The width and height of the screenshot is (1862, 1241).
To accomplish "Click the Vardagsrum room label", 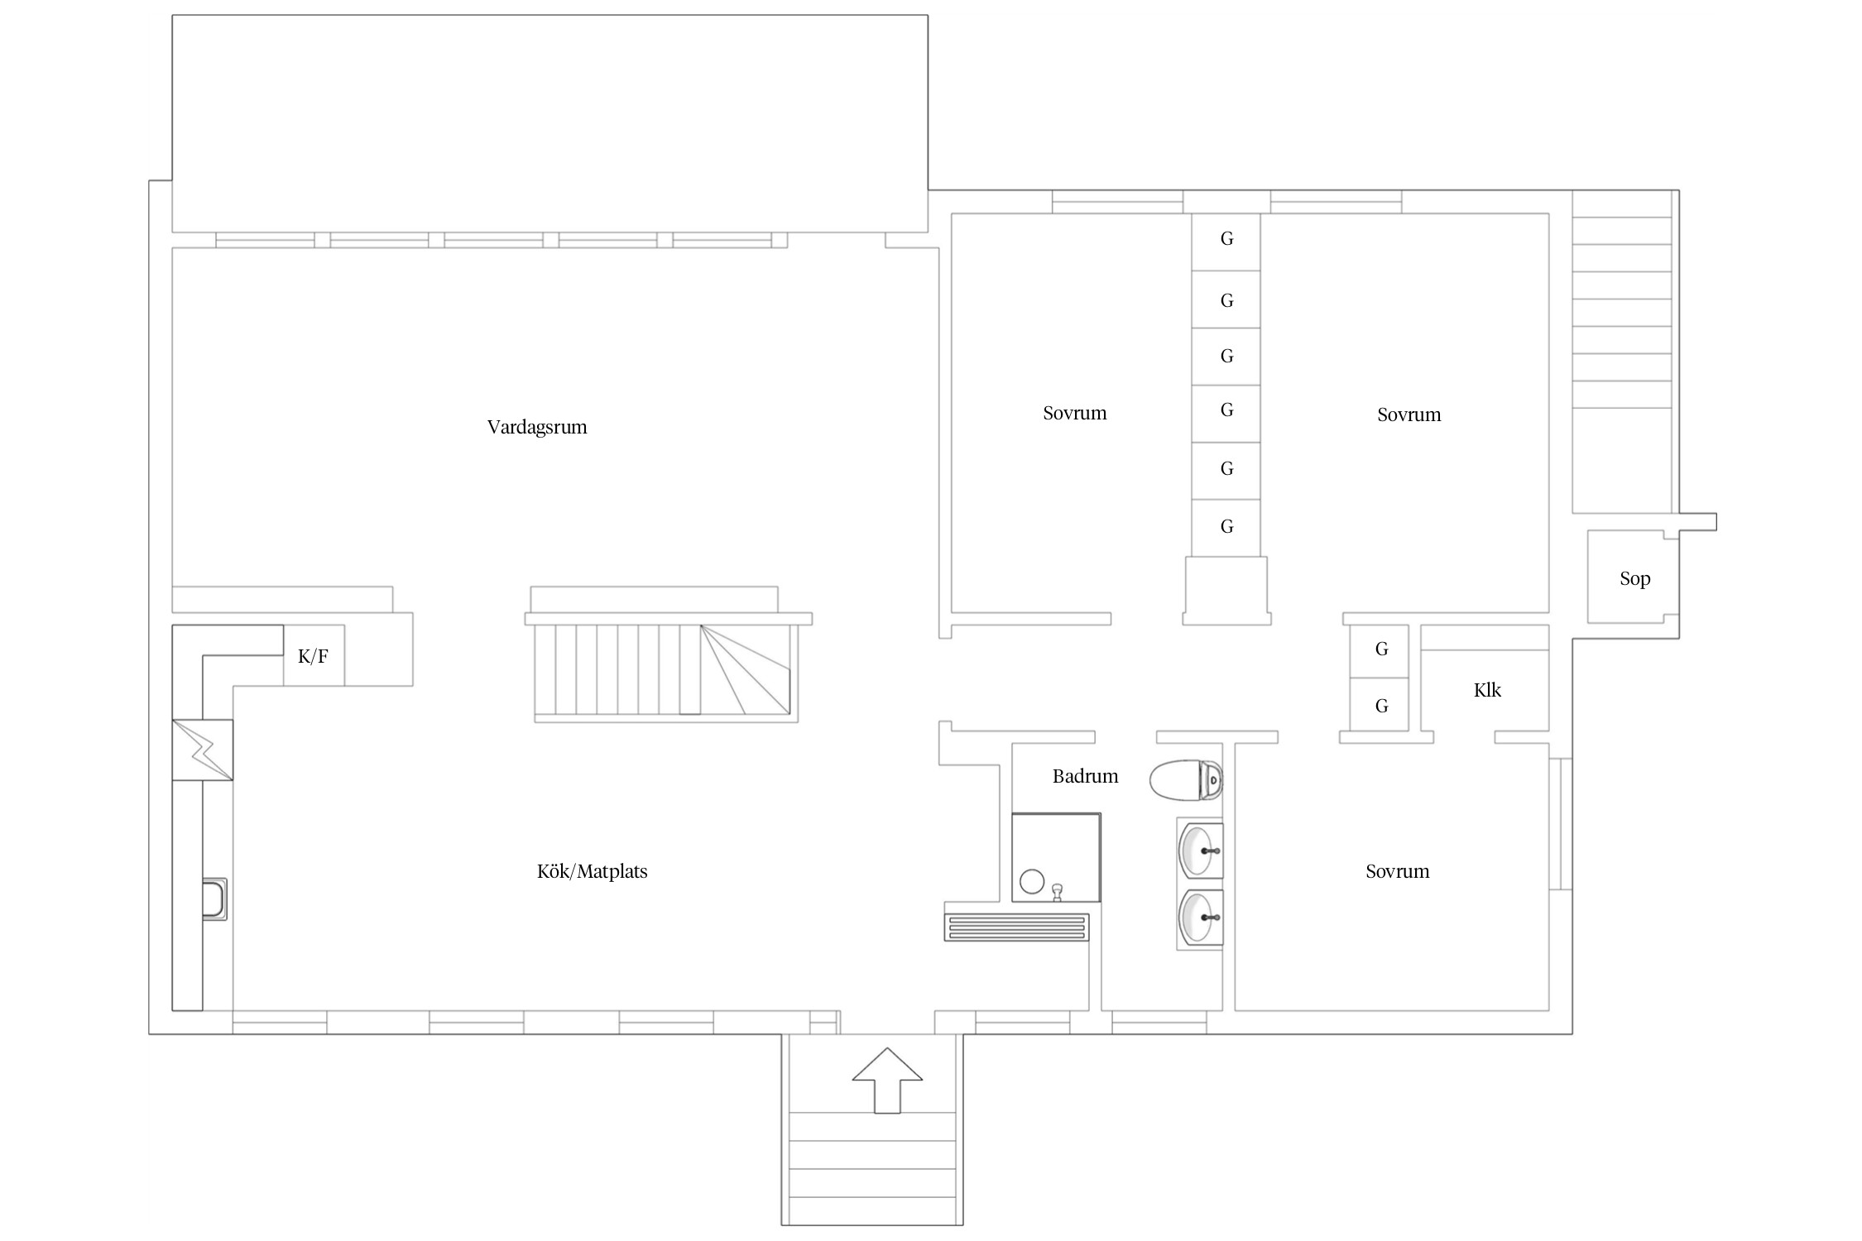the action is coord(537,427).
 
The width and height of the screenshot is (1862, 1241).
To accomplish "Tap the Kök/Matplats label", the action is coord(593,871).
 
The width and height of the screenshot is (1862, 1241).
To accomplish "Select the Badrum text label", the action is coord(1085,776).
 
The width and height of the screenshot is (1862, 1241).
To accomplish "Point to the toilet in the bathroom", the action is coord(1187,780).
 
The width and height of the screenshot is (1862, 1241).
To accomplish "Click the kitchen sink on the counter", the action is coord(214,899).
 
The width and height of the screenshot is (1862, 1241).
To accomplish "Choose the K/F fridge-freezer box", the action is coord(314,655).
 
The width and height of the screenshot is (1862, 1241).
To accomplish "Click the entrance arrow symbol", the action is coord(887,1080).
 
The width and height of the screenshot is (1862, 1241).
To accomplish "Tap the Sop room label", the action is coord(1635,579).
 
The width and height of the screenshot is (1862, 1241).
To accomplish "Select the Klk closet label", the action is coord(1487,690).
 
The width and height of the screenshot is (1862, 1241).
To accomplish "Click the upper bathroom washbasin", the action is coord(1200,850).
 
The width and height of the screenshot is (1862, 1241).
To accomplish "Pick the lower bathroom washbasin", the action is coord(1200,918).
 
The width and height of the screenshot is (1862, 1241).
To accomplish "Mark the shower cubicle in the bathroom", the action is coord(1056,857).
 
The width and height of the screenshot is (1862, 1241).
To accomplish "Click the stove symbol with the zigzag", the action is coord(203,750).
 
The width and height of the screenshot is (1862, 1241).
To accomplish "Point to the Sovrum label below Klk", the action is coord(1398,871).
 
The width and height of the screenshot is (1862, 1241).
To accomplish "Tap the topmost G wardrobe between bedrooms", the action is coord(1226,242).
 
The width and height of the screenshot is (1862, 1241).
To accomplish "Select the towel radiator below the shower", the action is coord(1016,927).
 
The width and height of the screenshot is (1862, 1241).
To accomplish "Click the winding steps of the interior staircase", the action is coord(745,669).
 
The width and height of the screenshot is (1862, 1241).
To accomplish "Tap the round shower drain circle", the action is coord(1032,882).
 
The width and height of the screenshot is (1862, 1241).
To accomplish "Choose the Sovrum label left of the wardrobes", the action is coord(1075,413).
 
